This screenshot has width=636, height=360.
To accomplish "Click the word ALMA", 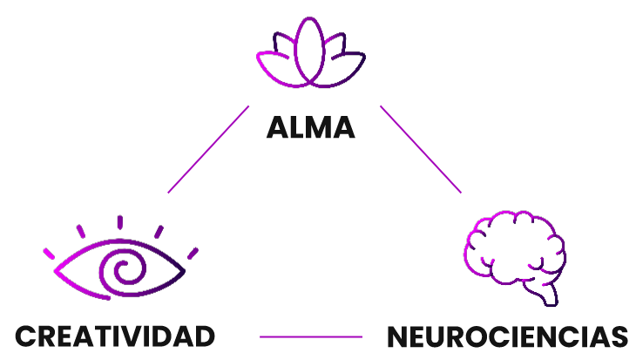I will tap(310, 129).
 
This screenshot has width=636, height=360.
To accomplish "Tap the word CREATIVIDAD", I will tap(115, 336).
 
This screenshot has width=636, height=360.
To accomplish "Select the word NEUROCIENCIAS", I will tap(507, 336).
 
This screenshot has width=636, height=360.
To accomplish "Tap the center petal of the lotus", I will tap(310, 51).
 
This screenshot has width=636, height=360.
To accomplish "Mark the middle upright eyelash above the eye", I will tap(120, 222).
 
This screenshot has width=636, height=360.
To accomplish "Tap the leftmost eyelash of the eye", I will tap(50, 254).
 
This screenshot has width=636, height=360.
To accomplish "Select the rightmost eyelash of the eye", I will tap(193, 253).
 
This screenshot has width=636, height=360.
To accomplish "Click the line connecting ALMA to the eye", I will tap(208, 149).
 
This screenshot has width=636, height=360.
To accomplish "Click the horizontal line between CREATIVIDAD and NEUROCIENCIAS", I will tap(310, 336).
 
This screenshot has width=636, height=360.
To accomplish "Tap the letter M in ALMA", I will tap(319, 129).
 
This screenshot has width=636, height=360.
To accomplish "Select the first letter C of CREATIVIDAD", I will tap(25, 336).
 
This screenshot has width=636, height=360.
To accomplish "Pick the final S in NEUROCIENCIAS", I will tap(619, 336).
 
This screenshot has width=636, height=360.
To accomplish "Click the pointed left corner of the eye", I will tap(57, 270).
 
